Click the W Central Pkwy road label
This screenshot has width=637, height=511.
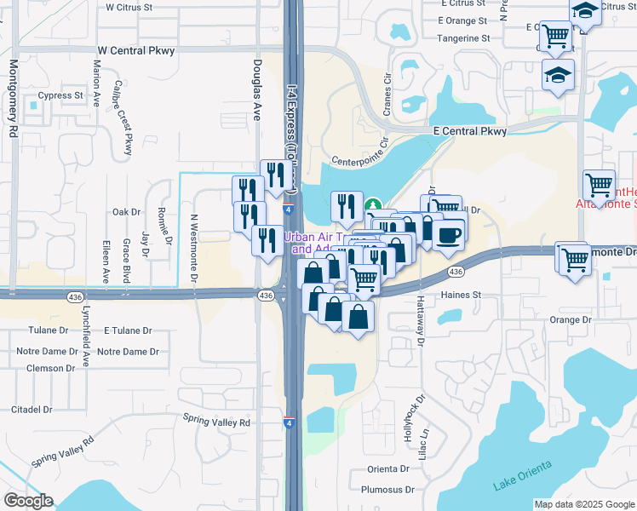point(136,51)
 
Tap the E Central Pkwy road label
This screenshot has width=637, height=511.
point(469,131)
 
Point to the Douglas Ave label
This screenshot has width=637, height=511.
point(257,89)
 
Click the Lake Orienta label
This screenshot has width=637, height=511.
point(522,475)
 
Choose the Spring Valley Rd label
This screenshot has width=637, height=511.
point(217,422)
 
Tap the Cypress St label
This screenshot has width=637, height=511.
point(60,95)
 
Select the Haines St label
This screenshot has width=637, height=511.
point(461,296)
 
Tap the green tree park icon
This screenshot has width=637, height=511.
point(373,205)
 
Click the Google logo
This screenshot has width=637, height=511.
point(28,501)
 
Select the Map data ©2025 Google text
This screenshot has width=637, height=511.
point(583,504)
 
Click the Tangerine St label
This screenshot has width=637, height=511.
point(463,38)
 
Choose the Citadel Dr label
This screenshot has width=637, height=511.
point(32,410)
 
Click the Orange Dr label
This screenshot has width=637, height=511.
point(570,320)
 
